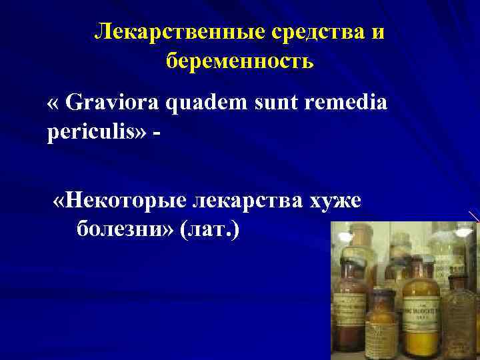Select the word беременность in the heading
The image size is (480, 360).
(x=239, y=61)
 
